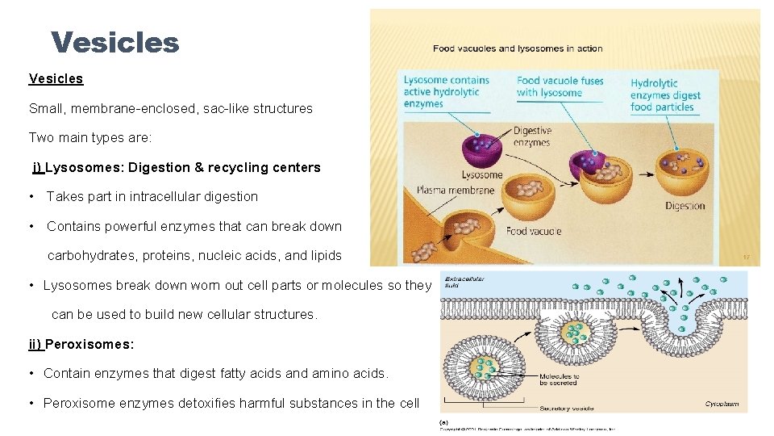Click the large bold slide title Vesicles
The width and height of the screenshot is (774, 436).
click(x=114, y=42)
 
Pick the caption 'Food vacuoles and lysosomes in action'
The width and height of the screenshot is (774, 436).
click(x=518, y=48)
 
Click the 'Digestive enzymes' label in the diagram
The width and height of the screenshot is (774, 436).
click(x=532, y=136)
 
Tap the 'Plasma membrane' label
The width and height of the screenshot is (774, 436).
click(x=455, y=191)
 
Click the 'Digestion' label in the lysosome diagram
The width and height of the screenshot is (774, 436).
click(x=685, y=206)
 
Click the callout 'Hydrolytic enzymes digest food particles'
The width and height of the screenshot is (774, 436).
click(x=665, y=95)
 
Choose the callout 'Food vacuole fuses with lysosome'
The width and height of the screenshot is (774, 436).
click(x=560, y=86)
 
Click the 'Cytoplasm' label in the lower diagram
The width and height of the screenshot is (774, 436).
click(x=722, y=404)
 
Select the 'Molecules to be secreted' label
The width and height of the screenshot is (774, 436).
click(x=559, y=380)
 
